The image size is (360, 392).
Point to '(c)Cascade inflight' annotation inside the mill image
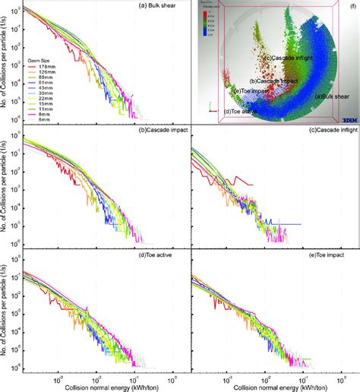pyautogui.click(x=288, y=58)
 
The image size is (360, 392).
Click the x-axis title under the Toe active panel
pyautogui.click(x=102, y=387)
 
